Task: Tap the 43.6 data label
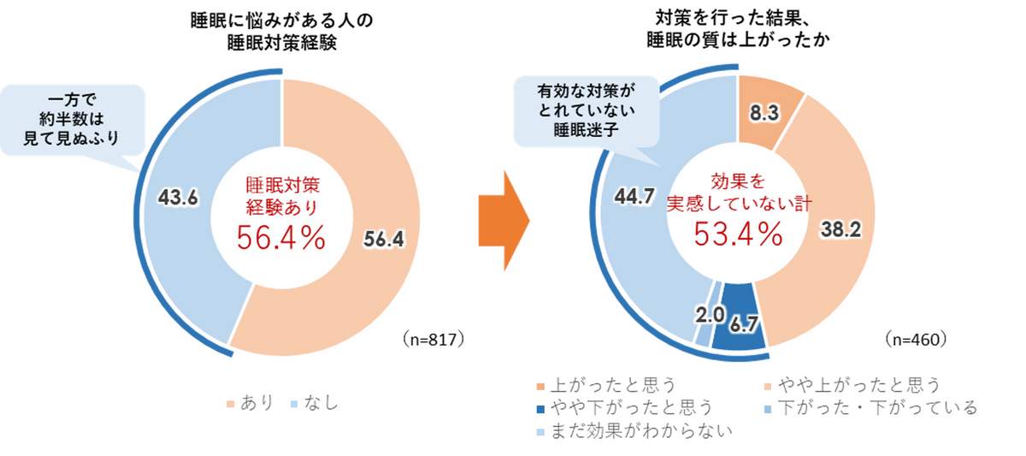(x=178, y=198)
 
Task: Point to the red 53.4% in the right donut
(x=738, y=233)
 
